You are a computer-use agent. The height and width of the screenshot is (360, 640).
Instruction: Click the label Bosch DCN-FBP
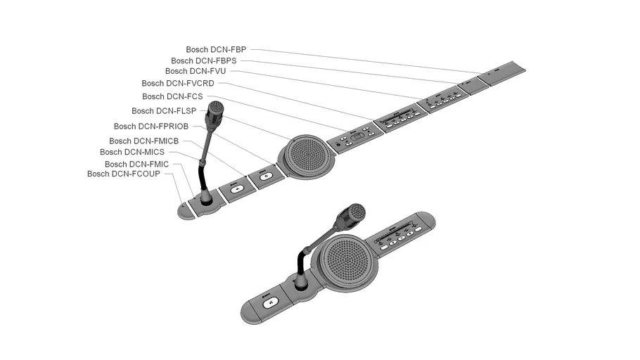click(215, 50)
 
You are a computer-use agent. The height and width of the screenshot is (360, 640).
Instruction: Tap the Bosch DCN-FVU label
click(196, 72)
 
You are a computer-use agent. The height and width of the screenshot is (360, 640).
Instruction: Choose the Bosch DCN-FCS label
click(172, 97)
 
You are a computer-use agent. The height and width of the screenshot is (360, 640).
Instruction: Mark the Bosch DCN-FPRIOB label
click(151, 127)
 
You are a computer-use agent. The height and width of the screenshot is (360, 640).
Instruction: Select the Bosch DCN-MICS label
click(132, 152)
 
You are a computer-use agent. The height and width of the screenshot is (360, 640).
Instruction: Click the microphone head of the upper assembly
click(215, 112)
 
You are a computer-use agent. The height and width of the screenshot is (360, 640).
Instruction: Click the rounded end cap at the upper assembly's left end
click(186, 211)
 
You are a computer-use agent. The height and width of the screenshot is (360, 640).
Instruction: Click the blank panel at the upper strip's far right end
click(502, 72)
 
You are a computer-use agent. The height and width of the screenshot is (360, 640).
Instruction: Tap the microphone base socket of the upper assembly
click(207, 201)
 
